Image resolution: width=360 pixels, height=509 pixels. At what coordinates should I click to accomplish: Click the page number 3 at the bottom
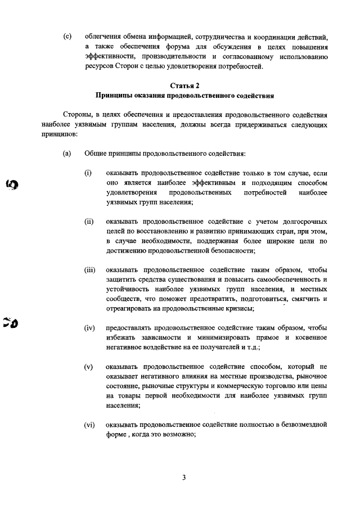pyautogui.click(x=183, y=478)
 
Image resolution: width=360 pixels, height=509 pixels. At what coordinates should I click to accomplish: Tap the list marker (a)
pyautogui.click(x=67, y=153)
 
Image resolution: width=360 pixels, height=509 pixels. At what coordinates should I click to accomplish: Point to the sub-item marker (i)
pyautogui.click(x=88, y=172)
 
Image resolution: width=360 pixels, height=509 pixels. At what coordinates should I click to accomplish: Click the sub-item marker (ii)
pyautogui.click(x=89, y=221)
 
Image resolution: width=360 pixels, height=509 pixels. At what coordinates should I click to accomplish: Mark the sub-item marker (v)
pyautogui.click(x=88, y=367)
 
